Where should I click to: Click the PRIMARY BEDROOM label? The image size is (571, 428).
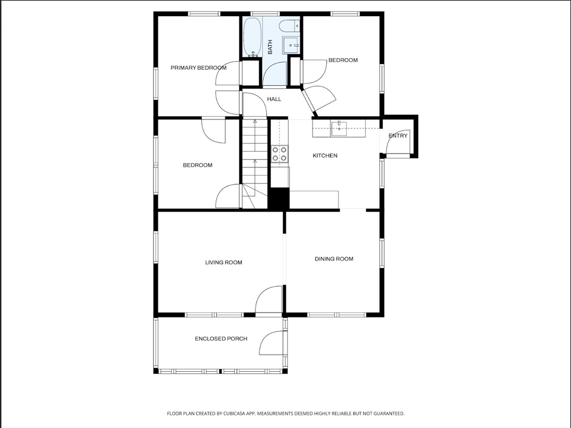(x=199, y=68)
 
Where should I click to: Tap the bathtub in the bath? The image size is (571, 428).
(x=252, y=37)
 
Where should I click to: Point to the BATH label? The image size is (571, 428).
(x=270, y=47)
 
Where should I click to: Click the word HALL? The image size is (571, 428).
(x=274, y=99)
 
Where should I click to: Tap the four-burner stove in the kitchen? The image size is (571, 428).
(x=280, y=153)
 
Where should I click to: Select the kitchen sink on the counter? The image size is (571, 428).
(x=338, y=129)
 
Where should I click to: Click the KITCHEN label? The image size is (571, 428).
(x=325, y=156)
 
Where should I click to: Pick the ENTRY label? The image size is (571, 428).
(x=398, y=136)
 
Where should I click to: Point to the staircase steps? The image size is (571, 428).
(x=255, y=163)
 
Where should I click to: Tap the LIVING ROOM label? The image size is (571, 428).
(x=224, y=262)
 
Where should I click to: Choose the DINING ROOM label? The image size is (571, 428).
(x=334, y=259)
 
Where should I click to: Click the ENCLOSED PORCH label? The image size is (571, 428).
(x=221, y=339)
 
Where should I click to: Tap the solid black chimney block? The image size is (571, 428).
(x=279, y=199)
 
